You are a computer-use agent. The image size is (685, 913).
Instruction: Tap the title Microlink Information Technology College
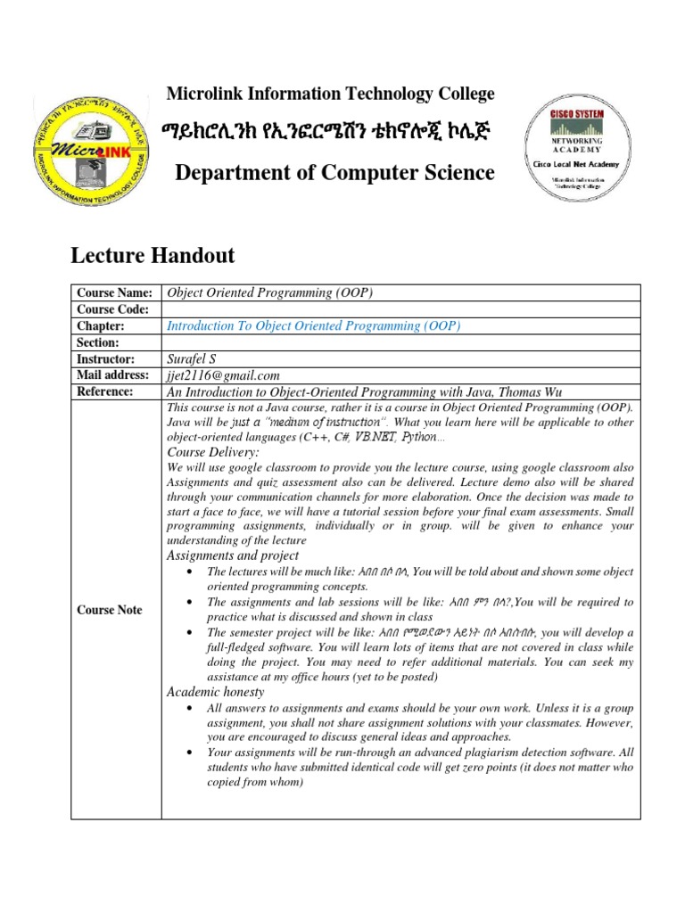[331, 94]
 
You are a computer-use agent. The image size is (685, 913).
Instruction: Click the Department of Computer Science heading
[334, 173]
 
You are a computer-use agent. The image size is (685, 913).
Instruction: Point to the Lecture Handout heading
[153, 256]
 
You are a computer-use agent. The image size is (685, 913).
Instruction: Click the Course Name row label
[114, 293]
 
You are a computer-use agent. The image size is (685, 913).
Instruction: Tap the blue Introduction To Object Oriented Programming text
[314, 326]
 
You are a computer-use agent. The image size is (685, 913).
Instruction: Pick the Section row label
[98, 342]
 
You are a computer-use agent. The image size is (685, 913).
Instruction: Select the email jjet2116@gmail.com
[224, 375]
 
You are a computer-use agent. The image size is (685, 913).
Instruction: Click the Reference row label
[105, 391]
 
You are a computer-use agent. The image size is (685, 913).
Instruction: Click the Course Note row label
[109, 610]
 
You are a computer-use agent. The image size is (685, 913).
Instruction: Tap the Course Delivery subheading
[213, 453]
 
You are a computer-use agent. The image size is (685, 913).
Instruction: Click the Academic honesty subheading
[216, 692]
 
